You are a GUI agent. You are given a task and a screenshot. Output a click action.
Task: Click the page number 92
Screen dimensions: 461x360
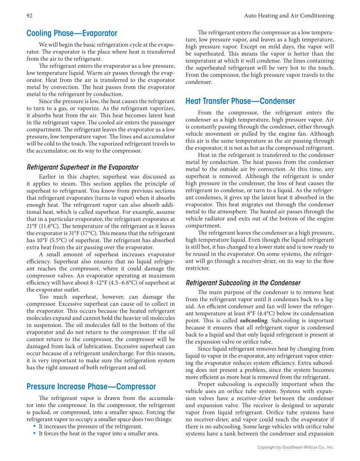pos(30,16)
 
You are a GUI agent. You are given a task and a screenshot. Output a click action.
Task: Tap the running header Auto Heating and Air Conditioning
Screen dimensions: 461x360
pos(289,16)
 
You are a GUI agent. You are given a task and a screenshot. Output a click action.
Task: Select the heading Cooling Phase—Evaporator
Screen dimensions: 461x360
pos(72,33)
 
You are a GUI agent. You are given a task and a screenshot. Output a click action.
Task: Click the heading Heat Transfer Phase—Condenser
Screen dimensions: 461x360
pos(240,101)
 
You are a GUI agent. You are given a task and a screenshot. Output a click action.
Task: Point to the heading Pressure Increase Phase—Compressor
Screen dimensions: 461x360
pos(91,386)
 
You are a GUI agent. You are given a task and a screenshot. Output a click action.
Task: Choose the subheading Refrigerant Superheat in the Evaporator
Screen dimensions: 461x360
pos(82,167)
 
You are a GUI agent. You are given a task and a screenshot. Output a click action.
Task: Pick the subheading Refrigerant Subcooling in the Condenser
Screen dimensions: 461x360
pos(243,283)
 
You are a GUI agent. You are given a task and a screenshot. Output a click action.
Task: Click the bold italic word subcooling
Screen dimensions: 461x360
pos(254,321)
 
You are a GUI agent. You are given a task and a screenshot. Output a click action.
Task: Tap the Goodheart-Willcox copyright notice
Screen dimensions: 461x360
pos(296,447)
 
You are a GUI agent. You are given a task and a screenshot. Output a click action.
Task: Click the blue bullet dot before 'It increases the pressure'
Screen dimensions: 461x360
pos(34,426)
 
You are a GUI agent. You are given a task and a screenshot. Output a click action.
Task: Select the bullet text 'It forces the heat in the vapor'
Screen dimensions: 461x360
pos(98,433)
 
